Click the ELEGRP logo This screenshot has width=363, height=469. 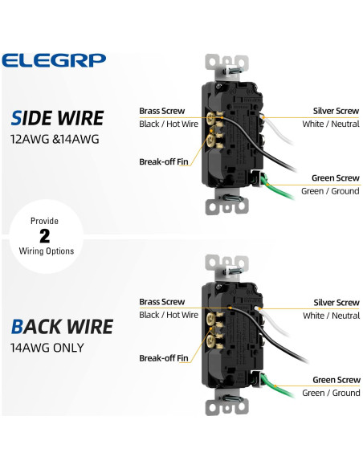(54, 60)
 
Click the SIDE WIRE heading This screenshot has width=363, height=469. (58, 118)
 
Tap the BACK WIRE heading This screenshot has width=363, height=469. (63, 326)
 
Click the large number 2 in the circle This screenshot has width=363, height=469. (45, 235)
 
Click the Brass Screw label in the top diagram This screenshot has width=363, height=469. (161, 111)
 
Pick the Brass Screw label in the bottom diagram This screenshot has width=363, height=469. (161, 302)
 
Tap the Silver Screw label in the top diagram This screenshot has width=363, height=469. (336, 111)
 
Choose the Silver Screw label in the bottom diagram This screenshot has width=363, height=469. (336, 303)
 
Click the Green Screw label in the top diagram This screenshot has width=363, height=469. (336, 178)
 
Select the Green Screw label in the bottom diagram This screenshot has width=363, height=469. (336, 379)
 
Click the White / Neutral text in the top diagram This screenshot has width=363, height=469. (331, 124)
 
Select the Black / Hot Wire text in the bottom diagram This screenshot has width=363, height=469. (168, 316)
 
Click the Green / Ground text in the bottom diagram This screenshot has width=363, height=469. (330, 393)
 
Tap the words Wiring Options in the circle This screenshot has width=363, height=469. (45, 251)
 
